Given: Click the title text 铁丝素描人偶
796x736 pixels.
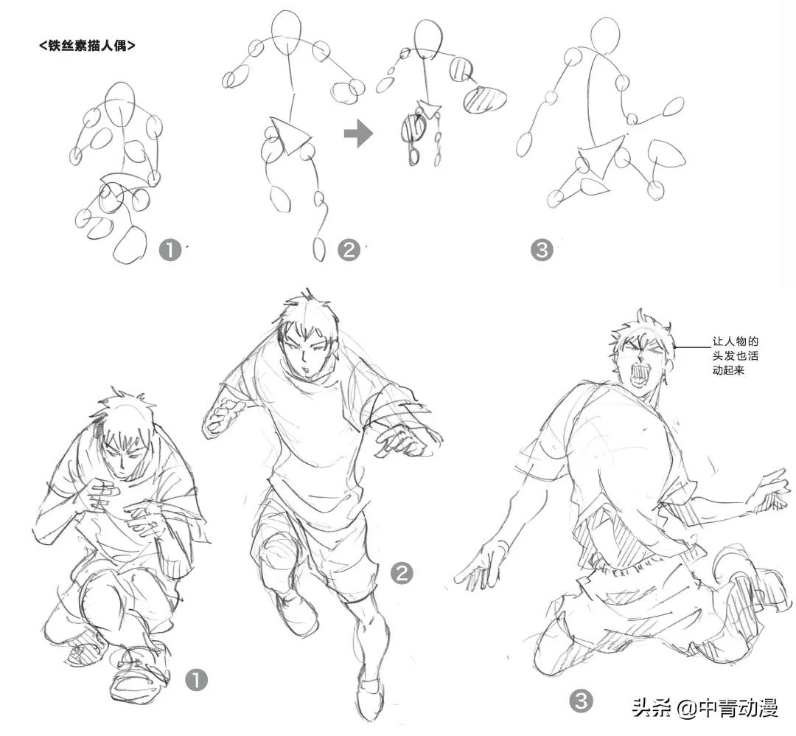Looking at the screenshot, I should [86, 46].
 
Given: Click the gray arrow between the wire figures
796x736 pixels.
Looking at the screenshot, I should [358, 134].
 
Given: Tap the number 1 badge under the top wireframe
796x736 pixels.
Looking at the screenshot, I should [170, 250].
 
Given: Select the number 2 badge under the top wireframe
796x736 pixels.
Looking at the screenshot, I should [349, 250].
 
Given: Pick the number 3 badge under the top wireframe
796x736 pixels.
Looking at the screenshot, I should [541, 250].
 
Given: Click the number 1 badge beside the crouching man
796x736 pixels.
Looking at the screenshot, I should [197, 679].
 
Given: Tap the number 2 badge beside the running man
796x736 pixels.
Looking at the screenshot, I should [401, 572].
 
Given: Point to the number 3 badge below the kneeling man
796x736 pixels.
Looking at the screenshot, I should [582, 700].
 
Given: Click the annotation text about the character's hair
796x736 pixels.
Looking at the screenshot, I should [735, 355].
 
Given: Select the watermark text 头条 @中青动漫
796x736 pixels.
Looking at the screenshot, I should [705, 709].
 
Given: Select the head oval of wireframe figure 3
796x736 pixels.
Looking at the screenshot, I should [607, 35].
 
